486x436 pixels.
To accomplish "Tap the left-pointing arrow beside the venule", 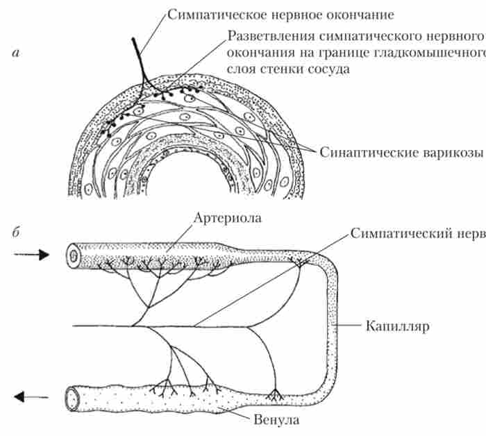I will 31,397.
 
